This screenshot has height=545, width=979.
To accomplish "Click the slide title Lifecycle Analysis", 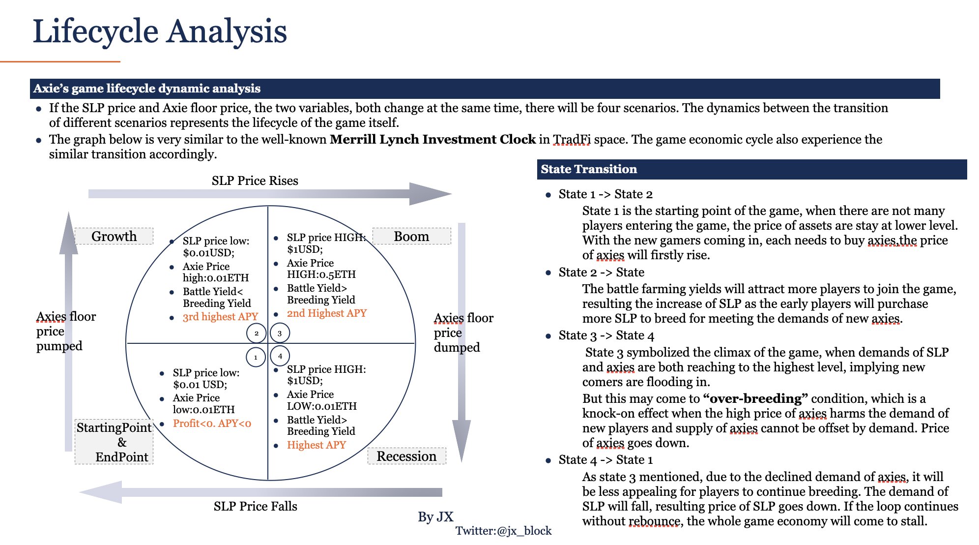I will click(x=160, y=31).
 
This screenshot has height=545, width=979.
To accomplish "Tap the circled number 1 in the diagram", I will click(x=256, y=357).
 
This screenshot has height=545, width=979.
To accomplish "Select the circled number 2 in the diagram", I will click(x=256, y=333).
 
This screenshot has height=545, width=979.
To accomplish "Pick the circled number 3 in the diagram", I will click(x=280, y=333).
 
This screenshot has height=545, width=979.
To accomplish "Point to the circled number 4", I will click(x=280, y=356).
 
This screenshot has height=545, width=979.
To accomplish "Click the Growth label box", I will click(x=114, y=236).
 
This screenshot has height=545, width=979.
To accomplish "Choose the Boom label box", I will click(x=411, y=236).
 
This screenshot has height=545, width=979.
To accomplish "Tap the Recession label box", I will click(x=406, y=456).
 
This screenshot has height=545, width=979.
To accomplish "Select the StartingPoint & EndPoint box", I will click(x=114, y=442).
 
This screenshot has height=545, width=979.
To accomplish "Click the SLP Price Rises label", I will click(x=255, y=181).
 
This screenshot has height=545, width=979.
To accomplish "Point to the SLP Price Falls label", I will click(x=255, y=506).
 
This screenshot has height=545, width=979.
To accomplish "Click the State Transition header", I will click(x=589, y=169).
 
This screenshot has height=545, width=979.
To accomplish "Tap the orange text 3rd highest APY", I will click(x=220, y=317).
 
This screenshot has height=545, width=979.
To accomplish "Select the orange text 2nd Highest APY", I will click(x=327, y=313).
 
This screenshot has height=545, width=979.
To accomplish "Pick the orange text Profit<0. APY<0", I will click(x=212, y=424).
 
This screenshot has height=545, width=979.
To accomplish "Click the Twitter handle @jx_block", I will click(x=503, y=531).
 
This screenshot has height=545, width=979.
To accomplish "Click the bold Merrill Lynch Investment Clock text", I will click(x=432, y=140).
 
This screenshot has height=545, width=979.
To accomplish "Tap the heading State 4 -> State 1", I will click(x=605, y=460).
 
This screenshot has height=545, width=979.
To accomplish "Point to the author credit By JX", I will click(x=435, y=517).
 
